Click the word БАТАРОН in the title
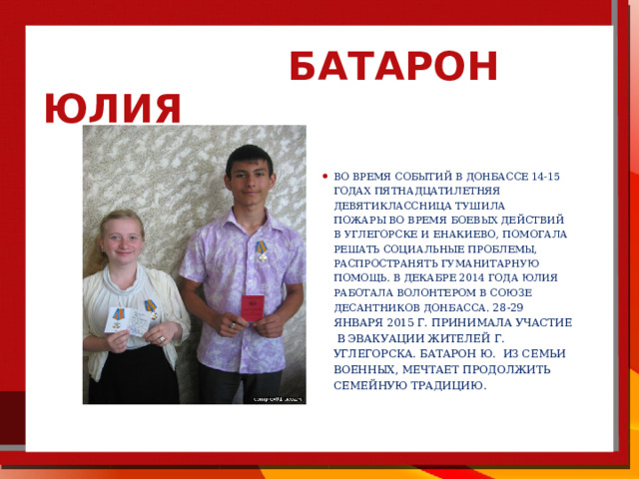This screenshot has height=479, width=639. [393, 66]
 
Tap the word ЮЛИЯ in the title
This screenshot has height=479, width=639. [113, 109]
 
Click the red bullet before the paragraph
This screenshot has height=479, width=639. [324, 177]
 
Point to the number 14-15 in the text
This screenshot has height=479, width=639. [546, 177]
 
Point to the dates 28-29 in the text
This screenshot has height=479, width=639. [508, 307]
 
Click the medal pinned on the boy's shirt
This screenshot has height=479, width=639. [262, 250]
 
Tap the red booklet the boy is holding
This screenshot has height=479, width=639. [253, 308]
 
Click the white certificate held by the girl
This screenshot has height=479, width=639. [127, 321]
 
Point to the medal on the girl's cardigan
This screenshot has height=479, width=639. [151, 309]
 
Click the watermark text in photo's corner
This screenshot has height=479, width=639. [279, 399]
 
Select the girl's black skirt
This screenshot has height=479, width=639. [134, 375]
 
